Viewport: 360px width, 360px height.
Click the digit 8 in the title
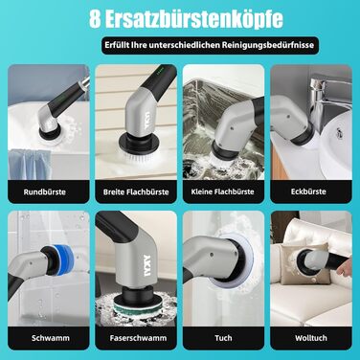pos(95,19)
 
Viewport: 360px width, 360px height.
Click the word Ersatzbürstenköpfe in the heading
pos(194,20)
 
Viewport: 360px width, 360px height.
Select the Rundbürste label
pos(45,192)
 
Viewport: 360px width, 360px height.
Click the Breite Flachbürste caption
pos(136,192)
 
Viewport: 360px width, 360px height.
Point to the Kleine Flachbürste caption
pos(222,191)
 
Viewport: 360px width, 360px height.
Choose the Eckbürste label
pos(308,191)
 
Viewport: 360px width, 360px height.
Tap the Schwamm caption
pos(51,338)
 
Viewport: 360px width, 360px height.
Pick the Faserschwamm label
pos(138,338)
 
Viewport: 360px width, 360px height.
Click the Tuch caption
pos(223,338)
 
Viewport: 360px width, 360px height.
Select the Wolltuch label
pos(311,338)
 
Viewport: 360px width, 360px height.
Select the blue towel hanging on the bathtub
pos(30,164)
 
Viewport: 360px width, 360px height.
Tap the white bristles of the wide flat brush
pos(138,156)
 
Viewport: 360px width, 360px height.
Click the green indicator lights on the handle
pos(161,68)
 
